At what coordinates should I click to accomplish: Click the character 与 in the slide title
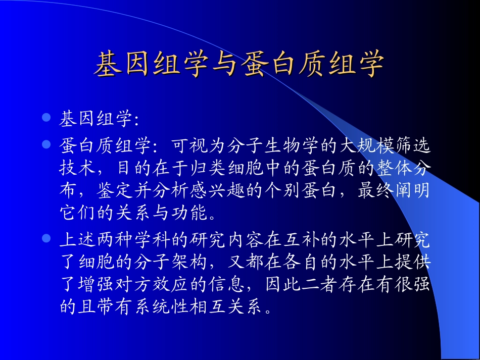[x=220, y=65]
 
